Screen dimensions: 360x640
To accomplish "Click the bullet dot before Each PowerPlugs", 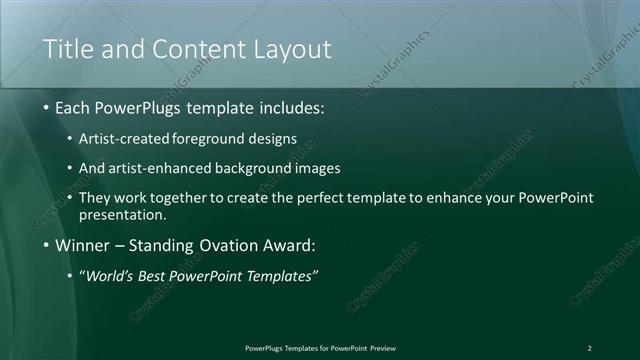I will tap(46, 107).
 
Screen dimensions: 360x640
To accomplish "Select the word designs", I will tap(272, 138).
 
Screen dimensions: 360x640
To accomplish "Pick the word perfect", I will tap(325, 198).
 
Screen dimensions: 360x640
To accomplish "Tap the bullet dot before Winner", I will tap(46, 245).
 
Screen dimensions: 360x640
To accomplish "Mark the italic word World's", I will tap(112, 276).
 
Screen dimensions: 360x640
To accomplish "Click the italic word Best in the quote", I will tap(157, 276).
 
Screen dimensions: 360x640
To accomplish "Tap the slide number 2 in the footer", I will tap(589, 348).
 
